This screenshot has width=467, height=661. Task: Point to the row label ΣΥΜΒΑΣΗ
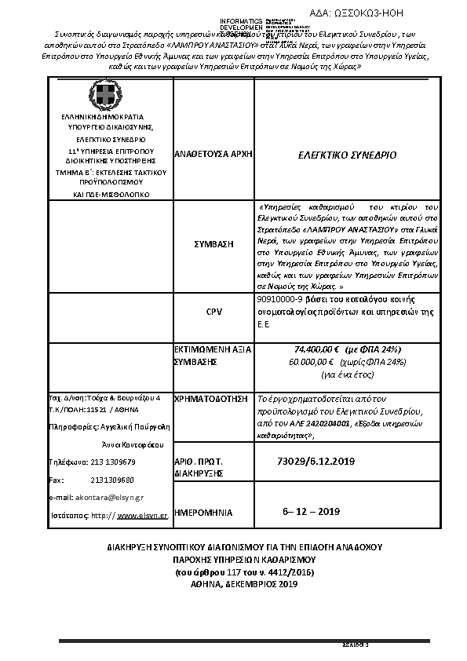click(x=213, y=244)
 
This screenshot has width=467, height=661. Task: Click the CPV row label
click(x=213, y=312)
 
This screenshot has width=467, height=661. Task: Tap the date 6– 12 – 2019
click(x=311, y=512)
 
